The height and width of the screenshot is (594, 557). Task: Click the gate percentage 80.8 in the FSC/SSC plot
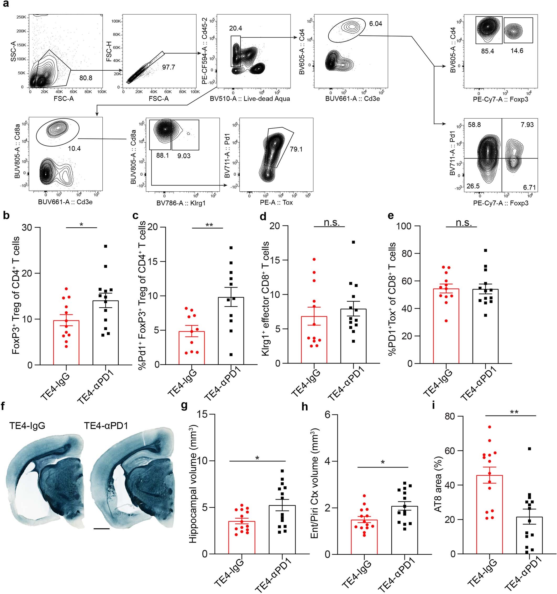point(86,78)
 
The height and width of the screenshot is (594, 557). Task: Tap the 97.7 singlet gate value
point(169,67)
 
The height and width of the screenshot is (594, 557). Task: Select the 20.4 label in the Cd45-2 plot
point(236,28)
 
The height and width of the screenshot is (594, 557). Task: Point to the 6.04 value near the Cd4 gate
point(376,24)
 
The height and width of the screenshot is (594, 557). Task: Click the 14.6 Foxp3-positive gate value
point(517,51)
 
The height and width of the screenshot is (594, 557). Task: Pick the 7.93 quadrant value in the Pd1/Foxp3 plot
point(527,125)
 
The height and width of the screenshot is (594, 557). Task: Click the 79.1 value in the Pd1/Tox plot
point(296,149)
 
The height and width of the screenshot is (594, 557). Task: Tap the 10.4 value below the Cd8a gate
point(74,148)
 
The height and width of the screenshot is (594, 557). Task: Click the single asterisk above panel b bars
point(81,224)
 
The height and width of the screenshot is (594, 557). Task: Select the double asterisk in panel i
point(514,412)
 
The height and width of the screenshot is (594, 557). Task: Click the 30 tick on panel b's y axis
point(28,228)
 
